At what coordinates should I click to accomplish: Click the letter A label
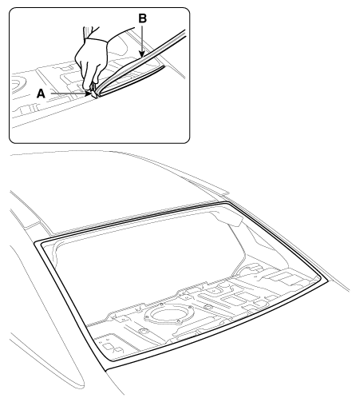41,94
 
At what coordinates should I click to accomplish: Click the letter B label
143,18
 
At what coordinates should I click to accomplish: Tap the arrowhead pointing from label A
88,94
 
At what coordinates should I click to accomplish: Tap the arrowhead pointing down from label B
143,54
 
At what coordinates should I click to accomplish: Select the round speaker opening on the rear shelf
169,316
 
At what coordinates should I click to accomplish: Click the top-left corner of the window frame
35,243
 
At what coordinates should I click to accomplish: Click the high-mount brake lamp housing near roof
228,219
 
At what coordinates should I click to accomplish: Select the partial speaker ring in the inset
18,83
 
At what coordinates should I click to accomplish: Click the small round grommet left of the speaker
144,331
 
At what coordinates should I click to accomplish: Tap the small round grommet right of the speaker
208,307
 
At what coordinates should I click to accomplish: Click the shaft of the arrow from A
68,94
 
